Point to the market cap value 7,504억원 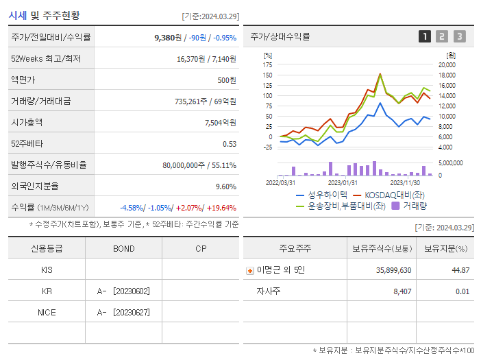[221, 123]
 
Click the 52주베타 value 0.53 [230, 144]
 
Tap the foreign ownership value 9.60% [225, 186]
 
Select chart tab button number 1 [425, 36]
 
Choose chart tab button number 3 [459, 36]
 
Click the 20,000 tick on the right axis [447, 64]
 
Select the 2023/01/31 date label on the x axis [343, 182]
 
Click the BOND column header [123, 248]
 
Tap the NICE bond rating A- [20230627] [123, 313]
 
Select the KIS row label [47, 270]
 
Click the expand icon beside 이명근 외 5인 [249, 271]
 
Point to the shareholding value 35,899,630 [393, 270]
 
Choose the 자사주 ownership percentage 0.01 [463, 291]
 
